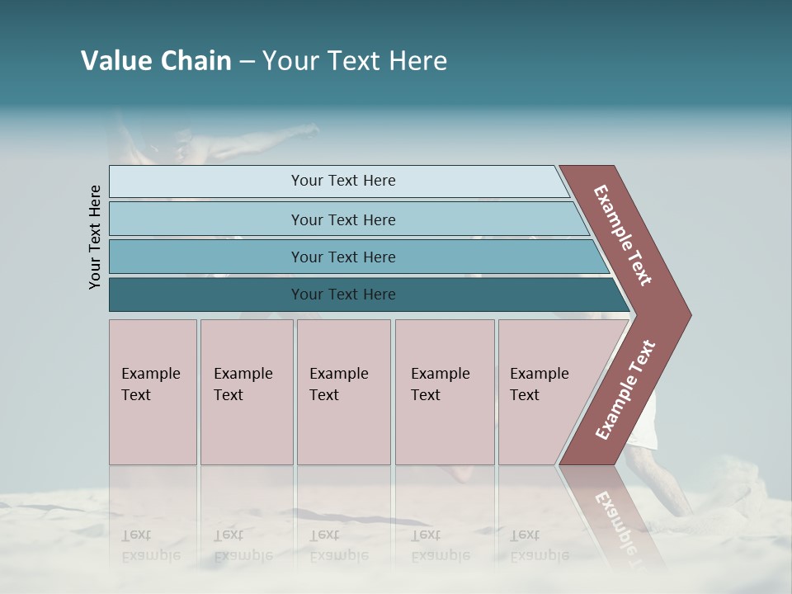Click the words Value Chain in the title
pyautogui.click(x=156, y=61)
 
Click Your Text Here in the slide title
pyautogui.click(x=355, y=61)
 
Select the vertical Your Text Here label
pyautogui.click(x=95, y=237)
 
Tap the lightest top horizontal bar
pyautogui.click(x=206, y=181)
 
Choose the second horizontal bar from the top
pyautogui.click(x=206, y=219)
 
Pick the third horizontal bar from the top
pyautogui.click(x=206, y=257)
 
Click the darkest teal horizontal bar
pyautogui.click(x=206, y=295)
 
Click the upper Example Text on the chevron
pyautogui.click(x=623, y=235)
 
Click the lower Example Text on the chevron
pyautogui.click(x=625, y=390)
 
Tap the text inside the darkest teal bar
pyautogui.click(x=343, y=295)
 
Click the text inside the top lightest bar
pyautogui.click(x=343, y=181)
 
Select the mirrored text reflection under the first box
pyautogui.click(x=150, y=545)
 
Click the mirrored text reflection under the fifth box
pyautogui.click(x=539, y=545)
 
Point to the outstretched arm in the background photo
pyautogui.click(x=280, y=136)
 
